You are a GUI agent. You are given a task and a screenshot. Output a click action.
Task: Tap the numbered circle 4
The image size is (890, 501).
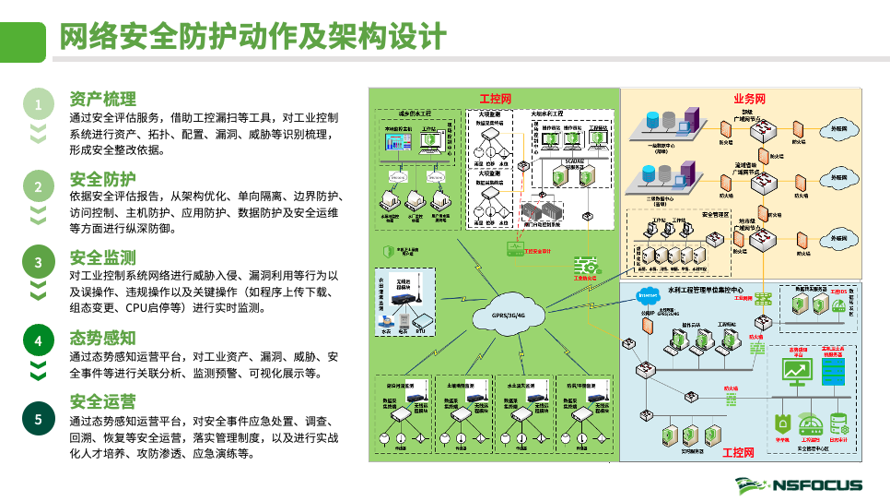(x=38, y=341)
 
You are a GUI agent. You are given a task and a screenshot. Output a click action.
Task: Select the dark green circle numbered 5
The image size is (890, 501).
(x=38, y=420)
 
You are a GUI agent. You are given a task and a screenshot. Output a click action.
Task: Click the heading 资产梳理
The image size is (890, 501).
(x=102, y=99)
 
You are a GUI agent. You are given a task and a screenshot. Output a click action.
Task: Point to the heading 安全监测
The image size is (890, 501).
(x=102, y=256)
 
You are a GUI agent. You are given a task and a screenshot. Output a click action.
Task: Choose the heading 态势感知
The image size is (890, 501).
(x=102, y=337)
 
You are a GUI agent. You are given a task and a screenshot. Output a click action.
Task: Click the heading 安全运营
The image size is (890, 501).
(x=102, y=402)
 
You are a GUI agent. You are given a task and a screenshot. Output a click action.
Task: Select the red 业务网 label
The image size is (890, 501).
(x=749, y=99)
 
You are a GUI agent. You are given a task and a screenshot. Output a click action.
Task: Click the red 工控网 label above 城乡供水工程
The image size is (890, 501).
(x=495, y=99)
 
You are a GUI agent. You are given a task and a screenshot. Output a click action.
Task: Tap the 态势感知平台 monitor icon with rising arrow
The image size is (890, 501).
(x=793, y=371)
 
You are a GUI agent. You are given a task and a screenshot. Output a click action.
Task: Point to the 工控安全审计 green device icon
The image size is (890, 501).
(x=513, y=249)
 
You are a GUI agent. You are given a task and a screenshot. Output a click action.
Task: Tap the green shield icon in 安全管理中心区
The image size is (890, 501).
(x=783, y=423)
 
